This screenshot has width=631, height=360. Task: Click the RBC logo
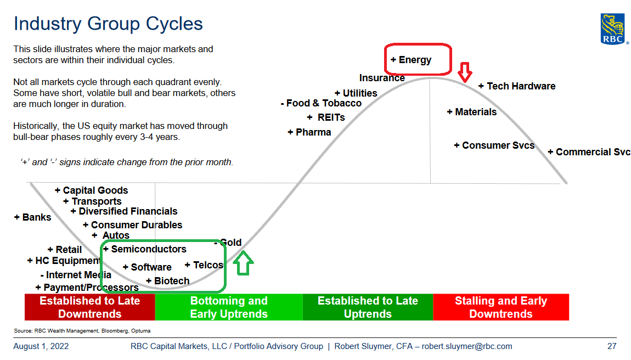pyautogui.click(x=613, y=29)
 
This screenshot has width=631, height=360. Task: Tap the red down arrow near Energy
pyautogui.click(x=465, y=72)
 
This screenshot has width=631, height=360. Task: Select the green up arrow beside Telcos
pyautogui.click(x=243, y=263)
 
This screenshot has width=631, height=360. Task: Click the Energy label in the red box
pyautogui.click(x=411, y=60)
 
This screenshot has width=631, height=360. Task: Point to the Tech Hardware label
pyautogui.click(x=517, y=86)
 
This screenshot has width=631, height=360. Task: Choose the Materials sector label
pyautogui.click(x=472, y=112)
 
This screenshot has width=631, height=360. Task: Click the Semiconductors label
pyautogui.click(x=145, y=249)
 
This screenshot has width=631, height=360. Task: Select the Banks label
pyautogui.click(x=32, y=217)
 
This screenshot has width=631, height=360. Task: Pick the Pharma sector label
pyautogui.click(x=309, y=132)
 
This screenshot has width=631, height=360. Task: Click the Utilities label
pyautogui.click(x=356, y=93)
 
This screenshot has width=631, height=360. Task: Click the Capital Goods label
pyautogui.click(x=91, y=190)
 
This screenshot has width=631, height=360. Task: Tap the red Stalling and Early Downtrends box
pyautogui.click(x=501, y=307)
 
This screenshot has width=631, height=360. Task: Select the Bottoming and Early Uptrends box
pyautogui.click(x=229, y=307)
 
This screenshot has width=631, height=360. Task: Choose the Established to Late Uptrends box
pyautogui.click(x=368, y=307)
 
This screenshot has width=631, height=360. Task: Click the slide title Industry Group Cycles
pyautogui.click(x=108, y=24)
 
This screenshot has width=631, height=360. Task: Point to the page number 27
pyautogui.click(x=612, y=346)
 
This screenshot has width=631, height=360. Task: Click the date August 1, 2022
pyautogui.click(x=41, y=346)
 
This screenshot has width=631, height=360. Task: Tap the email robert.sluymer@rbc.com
pyautogui.click(x=467, y=346)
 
